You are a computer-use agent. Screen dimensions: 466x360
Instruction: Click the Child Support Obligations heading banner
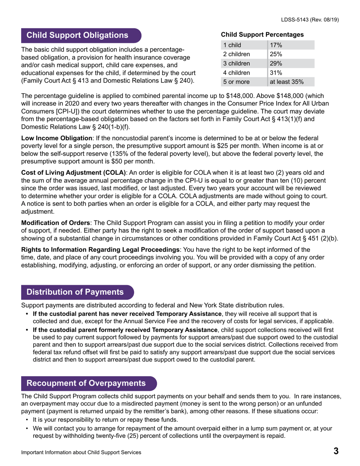tap(77, 35)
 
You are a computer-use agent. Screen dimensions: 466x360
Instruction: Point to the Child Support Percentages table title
tap(262, 34)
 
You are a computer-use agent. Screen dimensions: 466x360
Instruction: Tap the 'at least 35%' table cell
tap(286, 81)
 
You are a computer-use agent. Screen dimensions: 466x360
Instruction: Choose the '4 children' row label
tap(236, 72)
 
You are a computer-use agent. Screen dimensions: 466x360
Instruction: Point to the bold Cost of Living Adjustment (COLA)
tap(73, 173)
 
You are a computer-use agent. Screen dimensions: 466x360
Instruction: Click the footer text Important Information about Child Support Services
tap(81, 452)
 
